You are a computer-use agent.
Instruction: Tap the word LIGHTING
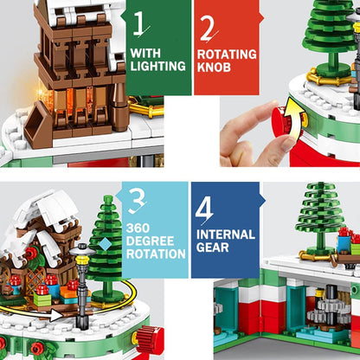157,66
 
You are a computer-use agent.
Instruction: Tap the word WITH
145,53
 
